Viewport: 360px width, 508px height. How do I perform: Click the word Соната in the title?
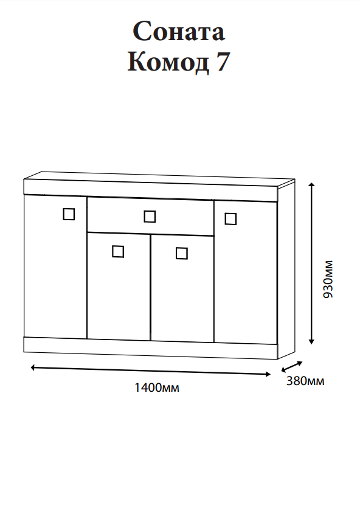(179, 32)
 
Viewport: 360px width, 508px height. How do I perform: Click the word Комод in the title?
(168, 61)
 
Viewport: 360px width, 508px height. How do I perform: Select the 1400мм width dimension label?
(157, 387)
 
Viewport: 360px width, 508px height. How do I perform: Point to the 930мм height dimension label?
(328, 279)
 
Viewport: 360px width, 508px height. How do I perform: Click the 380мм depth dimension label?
(305, 381)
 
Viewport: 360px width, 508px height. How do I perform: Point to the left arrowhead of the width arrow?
(33, 367)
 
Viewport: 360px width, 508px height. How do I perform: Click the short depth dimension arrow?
(292, 367)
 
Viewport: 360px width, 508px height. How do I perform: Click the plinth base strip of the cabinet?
(151, 348)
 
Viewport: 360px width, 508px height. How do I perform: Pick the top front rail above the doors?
(151, 190)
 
